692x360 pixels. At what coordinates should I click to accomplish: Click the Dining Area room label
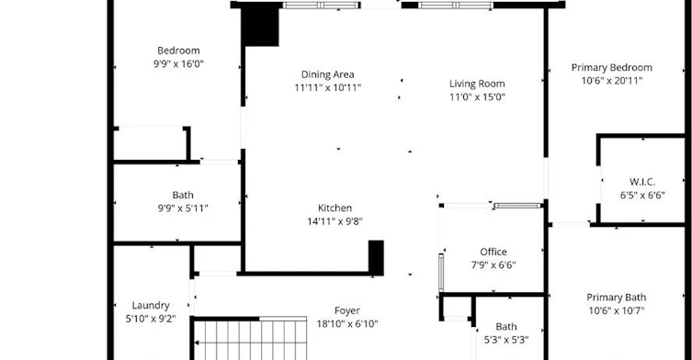pyautogui.click(x=327, y=74)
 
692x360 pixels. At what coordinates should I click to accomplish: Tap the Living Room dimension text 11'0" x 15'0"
pyautogui.click(x=477, y=97)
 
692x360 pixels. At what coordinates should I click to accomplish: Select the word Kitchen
pyautogui.click(x=335, y=208)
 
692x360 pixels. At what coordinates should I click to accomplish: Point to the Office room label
pyautogui.click(x=493, y=252)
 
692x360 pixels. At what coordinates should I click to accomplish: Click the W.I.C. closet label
pyautogui.click(x=642, y=182)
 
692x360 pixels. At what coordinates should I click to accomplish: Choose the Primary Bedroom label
pyautogui.click(x=612, y=68)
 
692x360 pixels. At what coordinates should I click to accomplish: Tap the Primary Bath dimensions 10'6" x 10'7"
pyautogui.click(x=617, y=310)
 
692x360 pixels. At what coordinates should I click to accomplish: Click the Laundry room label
pyautogui.click(x=151, y=305)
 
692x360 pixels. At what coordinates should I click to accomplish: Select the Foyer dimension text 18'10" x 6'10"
pyautogui.click(x=347, y=324)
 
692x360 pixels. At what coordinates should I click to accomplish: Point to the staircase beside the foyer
pyautogui.click(x=250, y=339)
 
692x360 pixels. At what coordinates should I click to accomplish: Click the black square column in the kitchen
pyautogui.click(x=376, y=258)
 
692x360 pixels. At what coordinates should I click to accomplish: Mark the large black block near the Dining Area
pyautogui.click(x=260, y=27)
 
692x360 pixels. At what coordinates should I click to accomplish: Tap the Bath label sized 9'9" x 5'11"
pyautogui.click(x=183, y=195)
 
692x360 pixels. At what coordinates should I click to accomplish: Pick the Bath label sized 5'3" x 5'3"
pyautogui.click(x=506, y=327)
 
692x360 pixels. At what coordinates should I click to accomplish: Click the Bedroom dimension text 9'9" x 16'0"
pyautogui.click(x=178, y=64)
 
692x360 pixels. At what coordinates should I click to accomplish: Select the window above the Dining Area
pyautogui.click(x=322, y=6)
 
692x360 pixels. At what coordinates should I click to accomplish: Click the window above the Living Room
pyautogui.click(x=456, y=6)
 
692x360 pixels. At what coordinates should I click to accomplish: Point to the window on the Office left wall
pyautogui.click(x=441, y=272)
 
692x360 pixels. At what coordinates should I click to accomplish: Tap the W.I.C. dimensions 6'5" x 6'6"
pyautogui.click(x=642, y=196)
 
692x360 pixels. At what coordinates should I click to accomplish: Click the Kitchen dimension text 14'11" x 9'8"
pyautogui.click(x=335, y=221)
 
